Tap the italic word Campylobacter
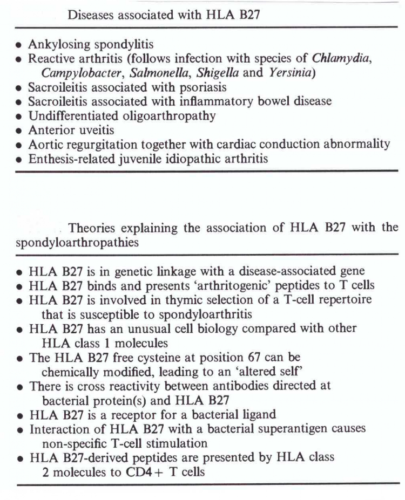pos(83,73)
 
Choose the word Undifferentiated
pos(69,115)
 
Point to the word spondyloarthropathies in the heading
pos(77,242)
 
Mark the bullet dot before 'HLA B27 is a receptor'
pos(19,416)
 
